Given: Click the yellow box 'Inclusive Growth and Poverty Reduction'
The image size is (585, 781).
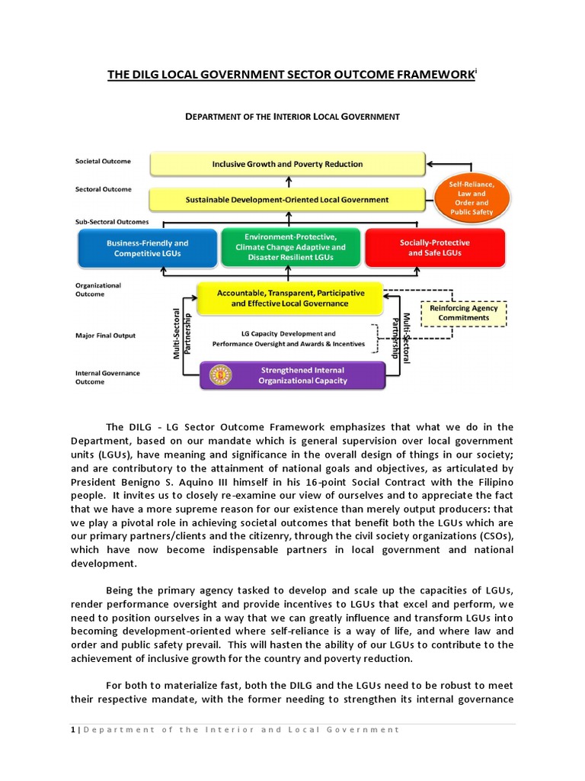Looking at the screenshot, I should point(287,164).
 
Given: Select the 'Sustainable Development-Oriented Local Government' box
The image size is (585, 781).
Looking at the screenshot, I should point(287,200).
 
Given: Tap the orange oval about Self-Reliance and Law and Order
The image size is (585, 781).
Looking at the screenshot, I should point(472,198).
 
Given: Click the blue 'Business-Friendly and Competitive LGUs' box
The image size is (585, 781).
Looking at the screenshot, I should point(147,248).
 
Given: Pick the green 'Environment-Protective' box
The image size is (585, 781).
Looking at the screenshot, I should point(290,247).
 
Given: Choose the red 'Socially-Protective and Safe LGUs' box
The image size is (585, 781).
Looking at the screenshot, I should point(434,248).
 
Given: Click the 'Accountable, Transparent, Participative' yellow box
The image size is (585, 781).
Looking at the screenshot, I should point(290,298).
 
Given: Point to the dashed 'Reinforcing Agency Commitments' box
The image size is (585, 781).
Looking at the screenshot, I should point(464,313).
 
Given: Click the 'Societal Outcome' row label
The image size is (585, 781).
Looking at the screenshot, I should point(103,162).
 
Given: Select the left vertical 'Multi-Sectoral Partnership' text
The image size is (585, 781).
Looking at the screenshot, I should point(181,333).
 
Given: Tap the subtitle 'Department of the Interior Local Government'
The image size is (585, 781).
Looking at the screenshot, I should point(293,117).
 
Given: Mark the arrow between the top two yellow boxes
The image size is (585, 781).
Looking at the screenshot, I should point(289,182).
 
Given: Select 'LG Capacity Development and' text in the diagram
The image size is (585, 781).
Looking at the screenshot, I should point(288,334).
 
